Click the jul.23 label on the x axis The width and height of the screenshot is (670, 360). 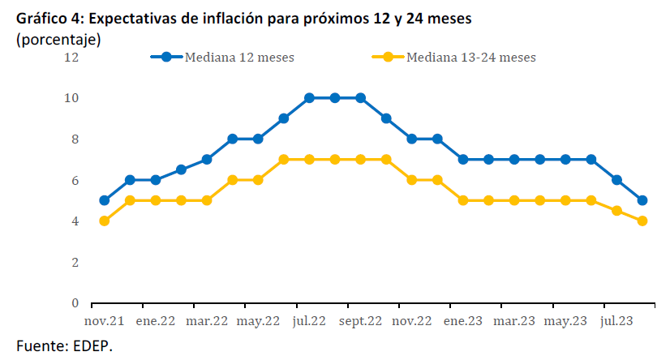[618, 321]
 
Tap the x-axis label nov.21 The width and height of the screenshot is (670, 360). [107, 321]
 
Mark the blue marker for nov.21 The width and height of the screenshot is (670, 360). [104, 200]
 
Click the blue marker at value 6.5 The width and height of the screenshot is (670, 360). [181, 169]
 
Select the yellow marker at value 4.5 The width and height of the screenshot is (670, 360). [616, 211]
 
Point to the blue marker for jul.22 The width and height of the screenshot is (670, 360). [309, 98]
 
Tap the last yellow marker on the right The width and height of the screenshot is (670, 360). [642, 221]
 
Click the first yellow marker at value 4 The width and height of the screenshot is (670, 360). [104, 221]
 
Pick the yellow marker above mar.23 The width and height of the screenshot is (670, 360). [514, 200]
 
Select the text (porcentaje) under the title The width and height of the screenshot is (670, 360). [58, 39]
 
